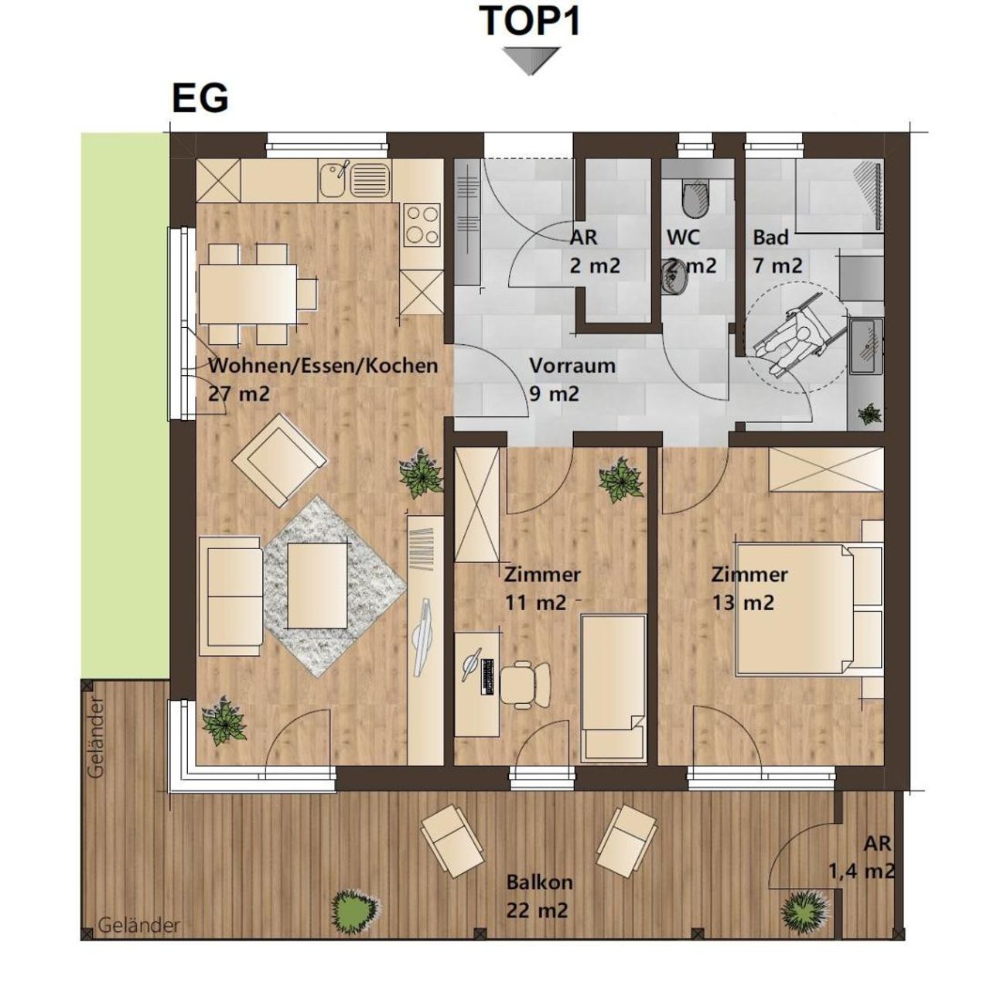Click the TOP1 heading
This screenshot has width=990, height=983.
pyautogui.click(x=531, y=21)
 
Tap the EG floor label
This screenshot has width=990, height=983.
pyautogui.click(x=200, y=98)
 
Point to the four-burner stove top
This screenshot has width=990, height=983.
pyautogui.click(x=422, y=224)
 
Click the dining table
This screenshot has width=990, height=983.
pyautogui.click(x=247, y=293)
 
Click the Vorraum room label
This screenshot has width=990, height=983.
pyautogui.click(x=572, y=365)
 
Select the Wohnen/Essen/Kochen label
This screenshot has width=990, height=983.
pyautogui.click(x=323, y=366)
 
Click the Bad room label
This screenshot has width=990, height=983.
pyautogui.click(x=770, y=237)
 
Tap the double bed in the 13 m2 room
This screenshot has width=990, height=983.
pyautogui.click(x=810, y=609)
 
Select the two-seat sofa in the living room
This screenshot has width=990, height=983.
pyautogui.click(x=231, y=596)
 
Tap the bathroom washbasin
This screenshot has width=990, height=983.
pyautogui.click(x=865, y=346)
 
